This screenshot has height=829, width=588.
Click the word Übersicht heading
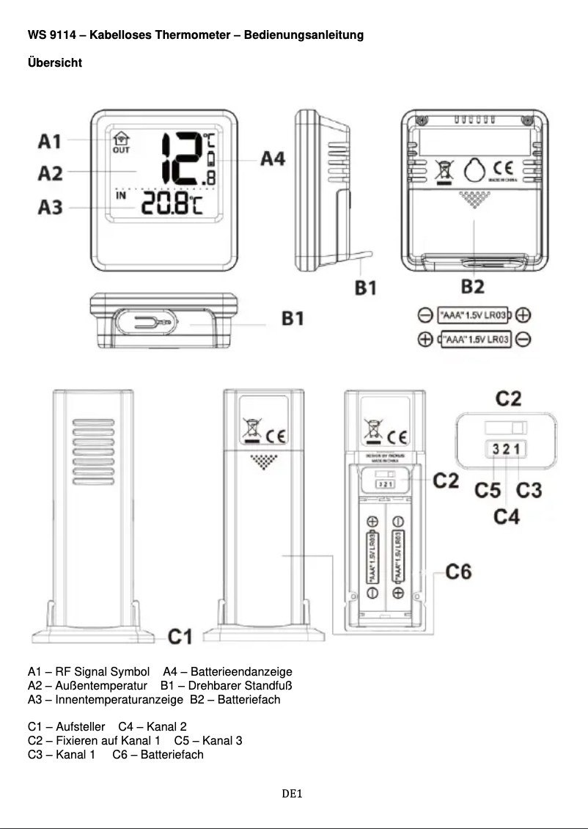click(x=55, y=63)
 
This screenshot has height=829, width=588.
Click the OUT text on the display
click(x=120, y=150)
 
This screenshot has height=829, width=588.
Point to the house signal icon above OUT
click(x=120, y=139)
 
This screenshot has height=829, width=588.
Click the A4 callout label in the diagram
click(x=273, y=158)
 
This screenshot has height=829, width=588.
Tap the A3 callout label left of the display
click(x=51, y=208)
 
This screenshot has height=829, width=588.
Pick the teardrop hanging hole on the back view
click(x=474, y=170)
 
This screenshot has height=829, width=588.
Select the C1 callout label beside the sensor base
click(x=180, y=636)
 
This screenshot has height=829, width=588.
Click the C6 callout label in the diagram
click(x=459, y=570)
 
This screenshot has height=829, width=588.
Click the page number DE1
click(x=293, y=794)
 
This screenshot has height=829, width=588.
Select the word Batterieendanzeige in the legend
click(x=241, y=672)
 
